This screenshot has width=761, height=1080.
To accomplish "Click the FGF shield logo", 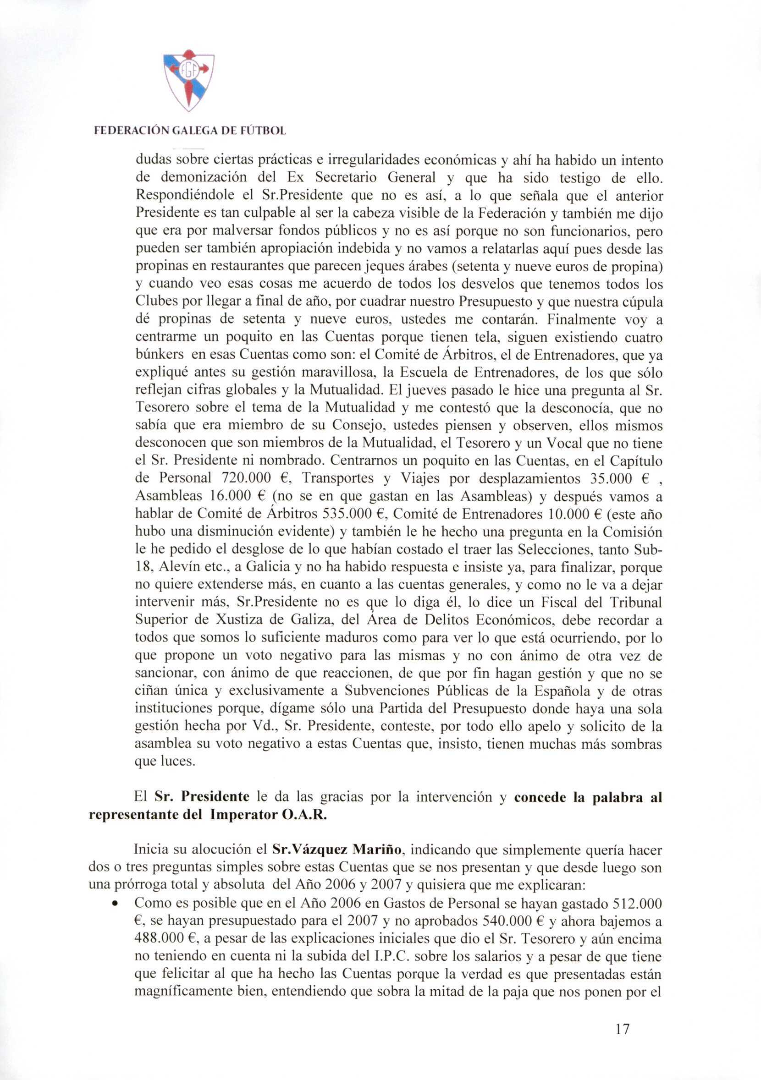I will [x=188, y=80].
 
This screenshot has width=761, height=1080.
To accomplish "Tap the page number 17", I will [x=622, y=1030].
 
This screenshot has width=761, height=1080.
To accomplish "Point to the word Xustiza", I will [x=241, y=620].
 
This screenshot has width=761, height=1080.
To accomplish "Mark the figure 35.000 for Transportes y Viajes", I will [x=610, y=478].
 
